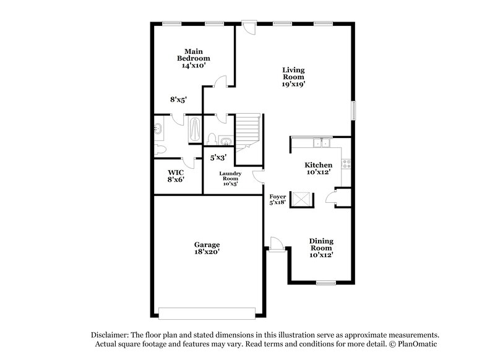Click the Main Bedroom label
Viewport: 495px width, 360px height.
194,55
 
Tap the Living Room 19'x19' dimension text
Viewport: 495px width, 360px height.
293,84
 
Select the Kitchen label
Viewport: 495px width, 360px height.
318,165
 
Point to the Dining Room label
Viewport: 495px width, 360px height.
321,244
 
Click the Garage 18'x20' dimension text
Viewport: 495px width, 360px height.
207,252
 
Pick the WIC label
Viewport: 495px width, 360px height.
176,173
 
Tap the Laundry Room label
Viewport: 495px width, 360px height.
230,176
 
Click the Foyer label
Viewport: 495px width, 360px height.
278,197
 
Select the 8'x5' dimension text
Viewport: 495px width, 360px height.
178,100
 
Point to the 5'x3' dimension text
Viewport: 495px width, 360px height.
218,158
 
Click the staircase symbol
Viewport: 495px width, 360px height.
248,132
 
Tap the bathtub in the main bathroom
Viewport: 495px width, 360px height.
194,129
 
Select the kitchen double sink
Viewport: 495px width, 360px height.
321,143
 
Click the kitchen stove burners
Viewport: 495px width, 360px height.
346,164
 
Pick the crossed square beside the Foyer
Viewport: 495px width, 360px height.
301,199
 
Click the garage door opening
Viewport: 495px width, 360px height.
207,314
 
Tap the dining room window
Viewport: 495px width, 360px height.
326,283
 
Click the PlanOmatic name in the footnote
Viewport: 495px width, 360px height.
417,344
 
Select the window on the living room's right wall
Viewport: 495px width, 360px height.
353,111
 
